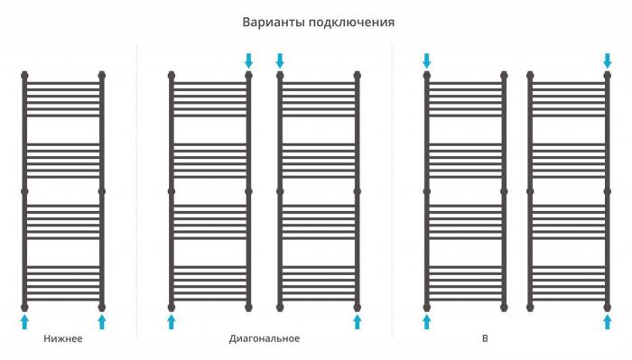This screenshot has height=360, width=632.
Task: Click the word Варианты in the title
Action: click(274, 22)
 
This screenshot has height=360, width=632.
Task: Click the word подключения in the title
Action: click(352, 23)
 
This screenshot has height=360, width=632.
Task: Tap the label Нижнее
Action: click(63, 338)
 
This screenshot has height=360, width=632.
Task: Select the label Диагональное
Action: click(265, 338)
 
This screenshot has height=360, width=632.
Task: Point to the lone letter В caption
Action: click(485, 338)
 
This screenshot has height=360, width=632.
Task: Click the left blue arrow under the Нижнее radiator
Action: click(24, 322)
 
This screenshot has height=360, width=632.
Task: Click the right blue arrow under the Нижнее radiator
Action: click(101, 322)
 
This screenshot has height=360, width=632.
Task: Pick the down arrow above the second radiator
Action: click(248, 60)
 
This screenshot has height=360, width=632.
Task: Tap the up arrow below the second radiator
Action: click(172, 322)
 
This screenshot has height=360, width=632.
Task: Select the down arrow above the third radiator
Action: click(280, 60)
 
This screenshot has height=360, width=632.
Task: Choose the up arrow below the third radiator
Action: click(358, 322)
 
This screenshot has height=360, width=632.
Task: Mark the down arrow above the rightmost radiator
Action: click(607, 60)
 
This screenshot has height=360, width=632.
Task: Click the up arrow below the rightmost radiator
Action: click(607, 322)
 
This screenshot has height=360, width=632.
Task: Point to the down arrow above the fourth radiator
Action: click(427, 60)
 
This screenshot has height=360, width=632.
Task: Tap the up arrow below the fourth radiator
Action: click(427, 322)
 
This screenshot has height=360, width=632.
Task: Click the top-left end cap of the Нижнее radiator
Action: click(24, 75)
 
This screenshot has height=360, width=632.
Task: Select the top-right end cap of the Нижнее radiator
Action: click(101, 75)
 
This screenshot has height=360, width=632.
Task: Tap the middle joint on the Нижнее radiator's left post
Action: click(24, 191)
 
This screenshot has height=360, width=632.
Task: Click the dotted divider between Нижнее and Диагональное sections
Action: click(136, 191)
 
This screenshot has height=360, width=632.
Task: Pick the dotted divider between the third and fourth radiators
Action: click(391, 191)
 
